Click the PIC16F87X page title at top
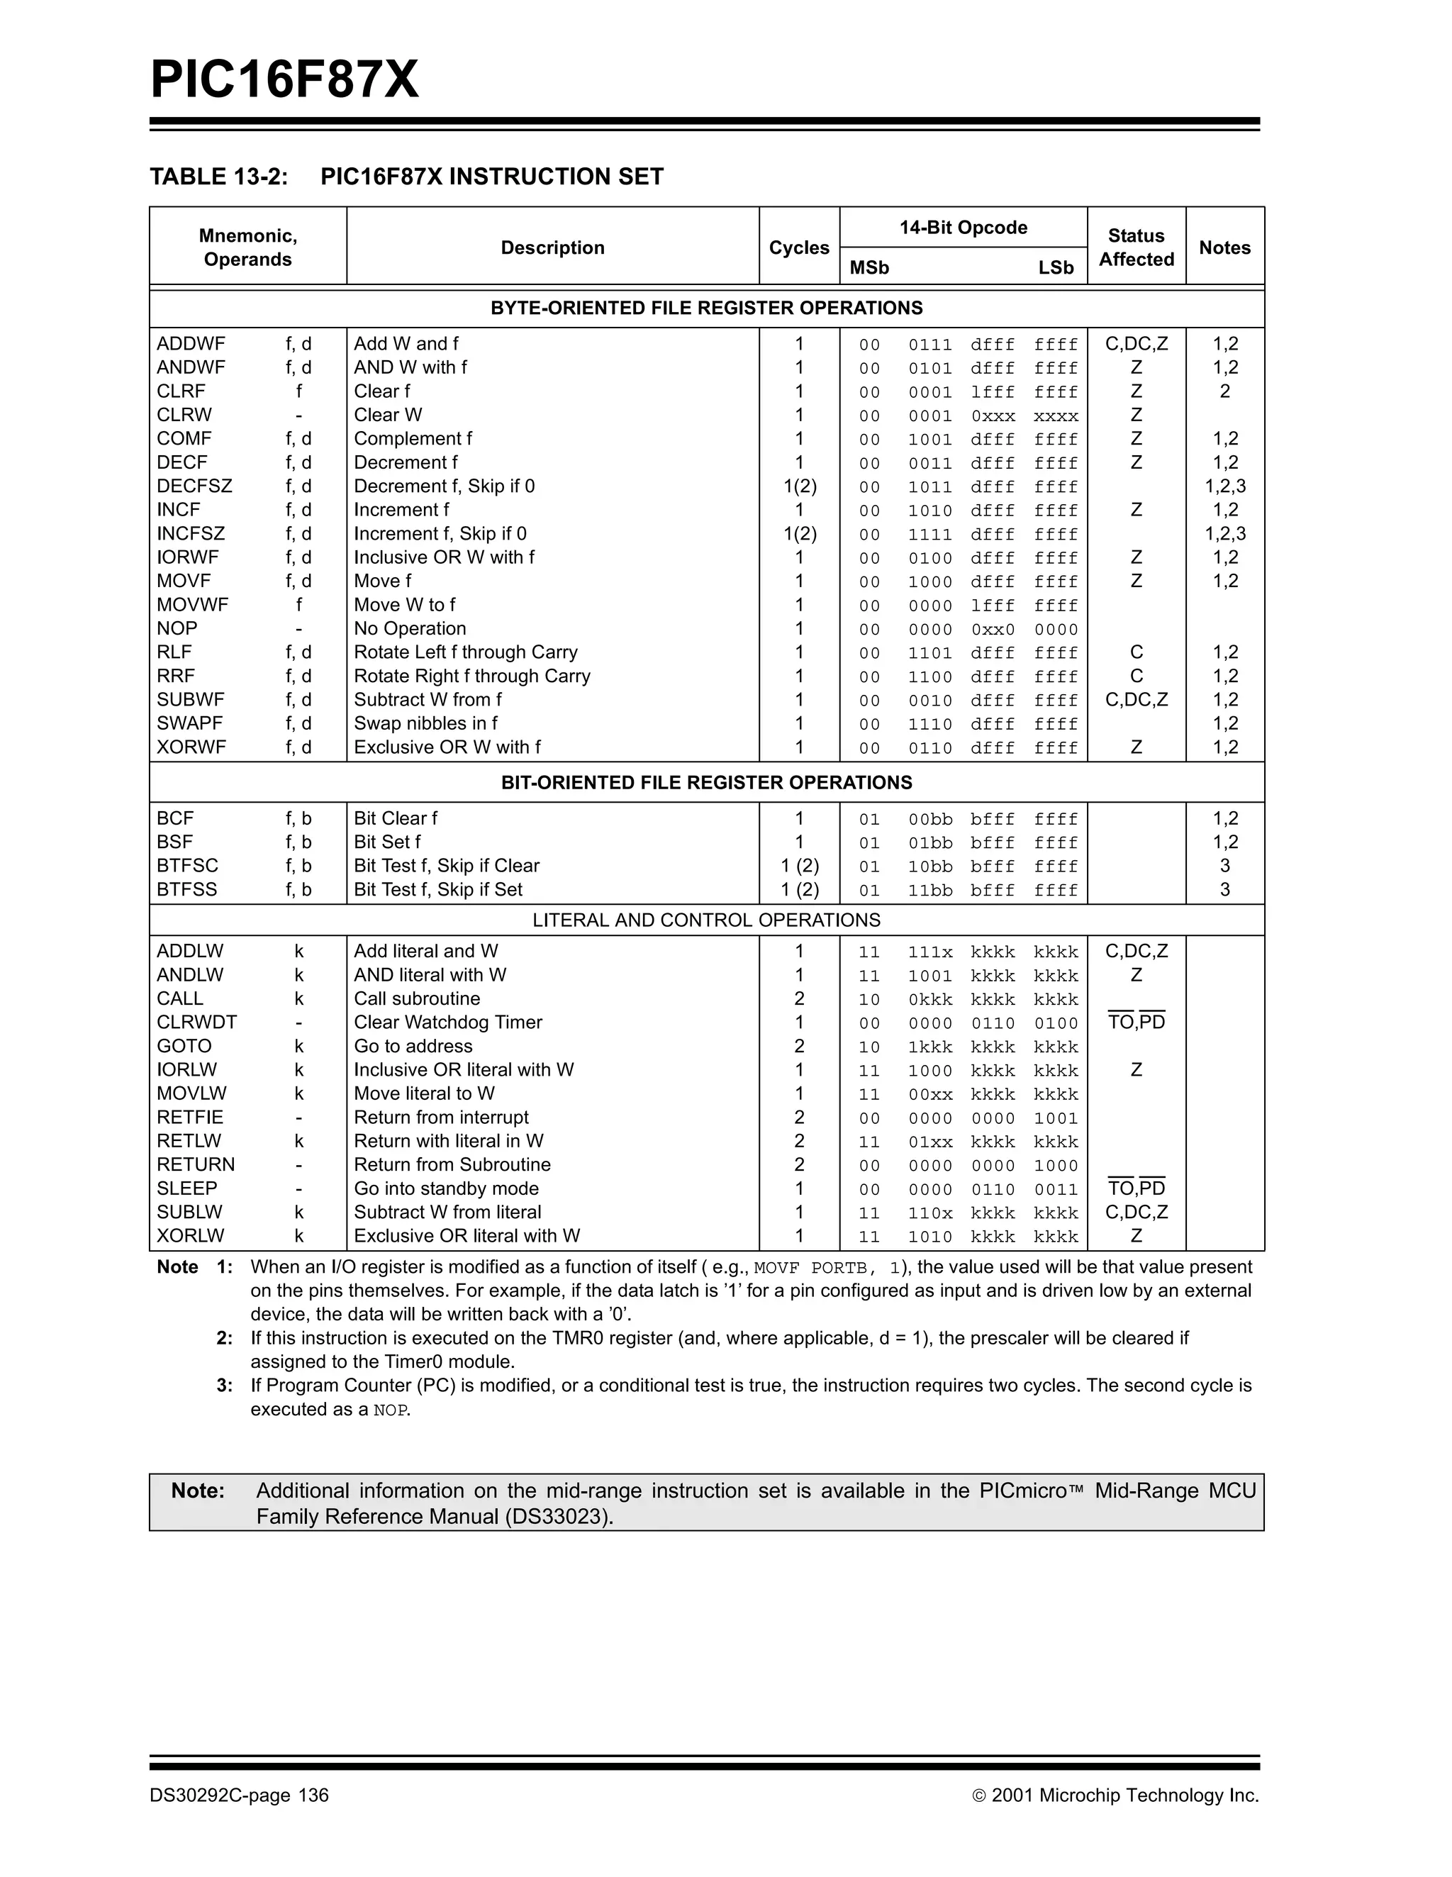(284, 80)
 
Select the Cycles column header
(798, 247)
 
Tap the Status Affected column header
(1136, 247)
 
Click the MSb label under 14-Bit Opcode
(869, 268)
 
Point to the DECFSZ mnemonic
(194, 486)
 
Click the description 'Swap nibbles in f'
(425, 724)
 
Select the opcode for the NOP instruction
(968, 629)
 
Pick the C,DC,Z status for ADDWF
(1136, 344)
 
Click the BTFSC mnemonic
(187, 865)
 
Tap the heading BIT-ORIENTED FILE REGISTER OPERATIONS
(706, 782)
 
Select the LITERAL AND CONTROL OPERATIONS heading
(706, 920)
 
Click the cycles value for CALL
(799, 998)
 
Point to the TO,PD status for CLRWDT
(1136, 1023)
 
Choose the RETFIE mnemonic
(189, 1118)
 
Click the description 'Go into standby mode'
(446, 1188)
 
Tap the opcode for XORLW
(968, 1237)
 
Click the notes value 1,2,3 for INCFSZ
(1224, 534)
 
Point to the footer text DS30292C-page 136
(239, 1795)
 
